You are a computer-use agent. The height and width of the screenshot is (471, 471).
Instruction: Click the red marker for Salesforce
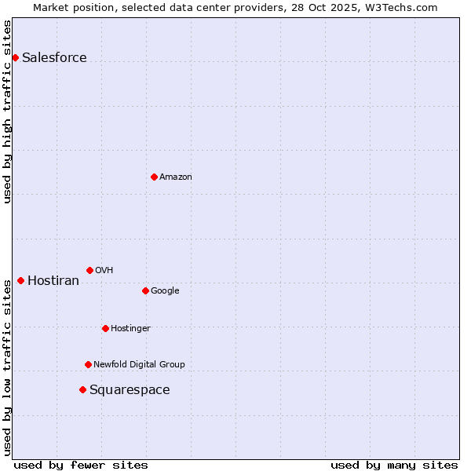[15, 57]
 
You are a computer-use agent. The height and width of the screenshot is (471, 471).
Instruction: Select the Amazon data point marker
[154, 177]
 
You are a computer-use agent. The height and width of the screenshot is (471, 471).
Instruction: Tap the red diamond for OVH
[89, 270]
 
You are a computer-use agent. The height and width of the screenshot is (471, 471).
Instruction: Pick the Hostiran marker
[20, 280]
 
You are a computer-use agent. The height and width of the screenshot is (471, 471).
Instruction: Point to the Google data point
[145, 290]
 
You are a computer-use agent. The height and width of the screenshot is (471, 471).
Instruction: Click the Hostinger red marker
[105, 328]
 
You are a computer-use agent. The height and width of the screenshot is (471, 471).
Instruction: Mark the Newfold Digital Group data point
[88, 364]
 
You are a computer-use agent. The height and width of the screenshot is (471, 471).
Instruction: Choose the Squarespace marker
[82, 389]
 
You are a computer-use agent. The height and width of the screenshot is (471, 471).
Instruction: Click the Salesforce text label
[54, 57]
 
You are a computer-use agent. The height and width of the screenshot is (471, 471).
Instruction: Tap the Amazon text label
[175, 177]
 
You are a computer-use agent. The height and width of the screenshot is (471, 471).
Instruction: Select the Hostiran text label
[53, 280]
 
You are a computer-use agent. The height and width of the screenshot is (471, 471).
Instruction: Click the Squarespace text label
[130, 389]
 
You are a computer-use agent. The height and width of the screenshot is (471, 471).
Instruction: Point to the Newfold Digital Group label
[139, 364]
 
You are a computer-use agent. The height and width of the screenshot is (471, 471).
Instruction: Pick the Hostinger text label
[130, 328]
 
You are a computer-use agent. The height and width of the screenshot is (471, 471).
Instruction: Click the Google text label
[165, 290]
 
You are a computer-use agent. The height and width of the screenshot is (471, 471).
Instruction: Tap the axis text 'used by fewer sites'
[81, 465]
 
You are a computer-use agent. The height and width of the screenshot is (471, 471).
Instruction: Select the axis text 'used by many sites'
[394, 465]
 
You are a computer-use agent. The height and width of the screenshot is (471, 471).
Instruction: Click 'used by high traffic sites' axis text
[7, 111]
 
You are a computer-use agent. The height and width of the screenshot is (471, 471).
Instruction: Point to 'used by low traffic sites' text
[7, 367]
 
